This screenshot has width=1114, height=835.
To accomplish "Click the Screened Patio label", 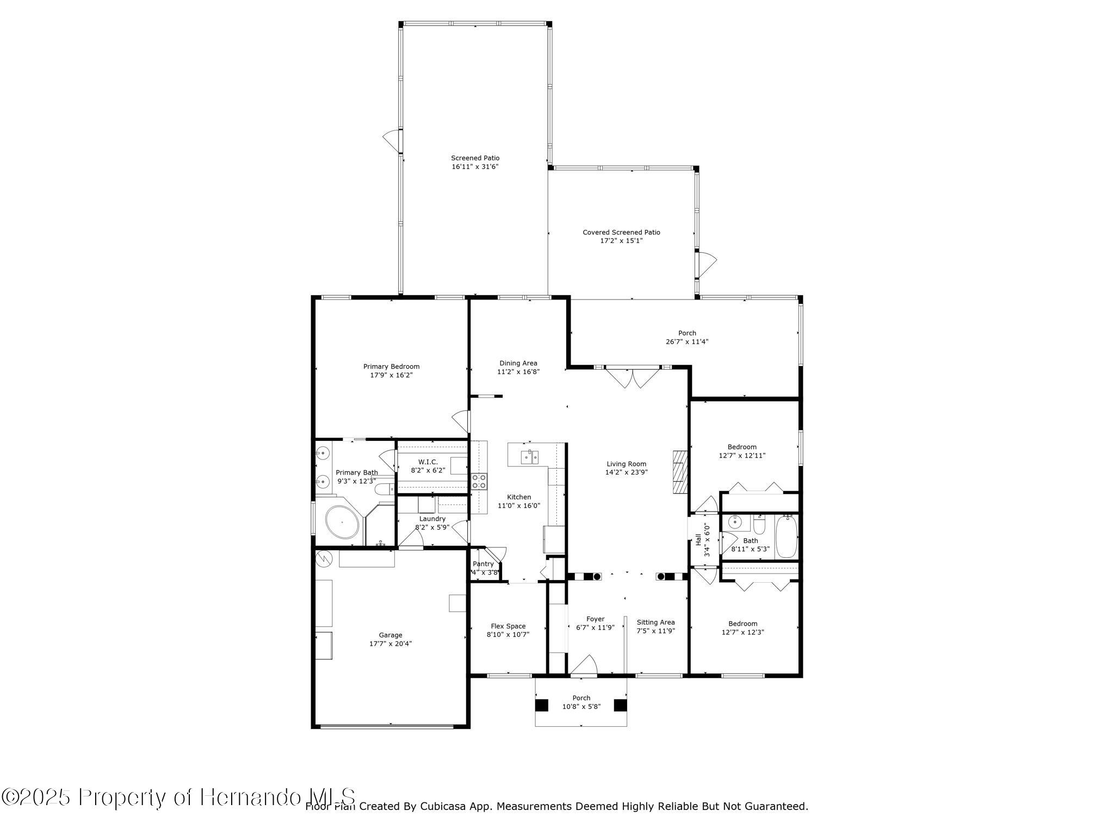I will (x=475, y=158).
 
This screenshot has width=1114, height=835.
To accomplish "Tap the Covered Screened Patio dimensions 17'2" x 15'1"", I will (x=621, y=240).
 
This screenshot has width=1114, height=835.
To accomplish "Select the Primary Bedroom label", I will (x=391, y=366).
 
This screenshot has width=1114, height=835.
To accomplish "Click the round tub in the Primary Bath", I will (x=342, y=522).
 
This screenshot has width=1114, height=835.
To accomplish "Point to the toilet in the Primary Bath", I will (x=385, y=489).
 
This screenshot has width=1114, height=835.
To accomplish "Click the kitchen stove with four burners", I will (x=479, y=481).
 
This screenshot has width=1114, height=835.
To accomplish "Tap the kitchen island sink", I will (x=529, y=457).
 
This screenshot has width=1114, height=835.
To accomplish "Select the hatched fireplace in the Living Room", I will (x=680, y=471).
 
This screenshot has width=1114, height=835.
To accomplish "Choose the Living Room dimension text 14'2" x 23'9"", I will (x=626, y=472).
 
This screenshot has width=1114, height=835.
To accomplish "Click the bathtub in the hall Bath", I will (x=786, y=537).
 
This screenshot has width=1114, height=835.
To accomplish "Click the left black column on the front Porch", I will (x=542, y=705).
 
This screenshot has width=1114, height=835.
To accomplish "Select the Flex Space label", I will (x=508, y=626).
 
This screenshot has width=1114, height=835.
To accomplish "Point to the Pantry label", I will (x=483, y=564).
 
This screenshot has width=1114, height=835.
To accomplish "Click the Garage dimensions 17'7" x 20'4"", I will (x=390, y=644).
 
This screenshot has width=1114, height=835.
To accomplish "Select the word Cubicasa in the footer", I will (x=441, y=806).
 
